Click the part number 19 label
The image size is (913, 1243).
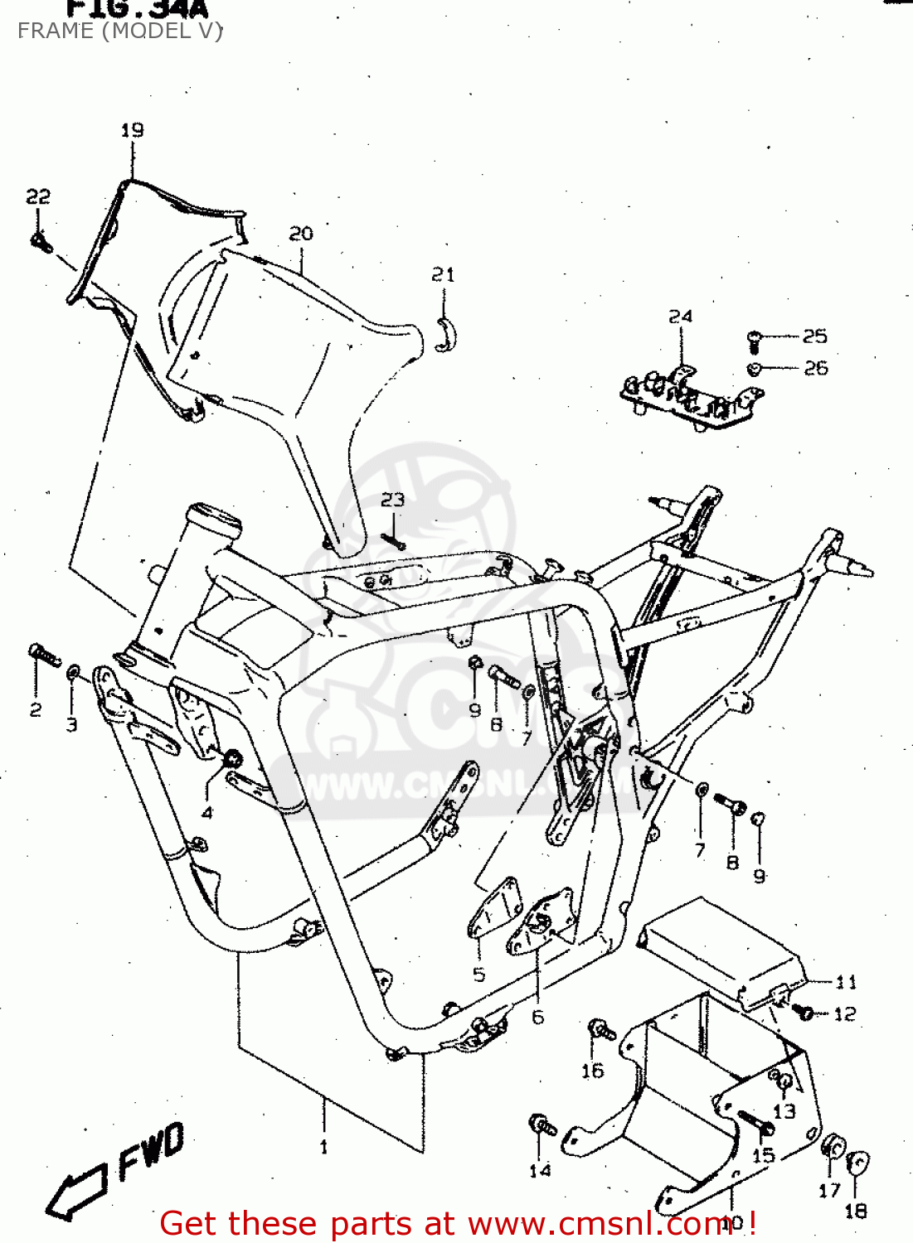132,130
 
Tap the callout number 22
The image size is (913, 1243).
38,196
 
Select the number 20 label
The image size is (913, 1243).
301,234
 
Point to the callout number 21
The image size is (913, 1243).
444,274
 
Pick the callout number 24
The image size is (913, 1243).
680,316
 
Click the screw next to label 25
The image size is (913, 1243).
755,339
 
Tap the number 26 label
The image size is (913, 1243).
816,367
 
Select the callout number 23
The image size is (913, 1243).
393,500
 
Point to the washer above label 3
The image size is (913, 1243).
73,670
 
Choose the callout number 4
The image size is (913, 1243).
207,813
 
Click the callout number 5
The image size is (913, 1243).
478,975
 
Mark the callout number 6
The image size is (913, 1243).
537,1017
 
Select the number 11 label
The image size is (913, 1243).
846,982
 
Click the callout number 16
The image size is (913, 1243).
592,1071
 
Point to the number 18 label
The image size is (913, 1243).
856,1211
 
